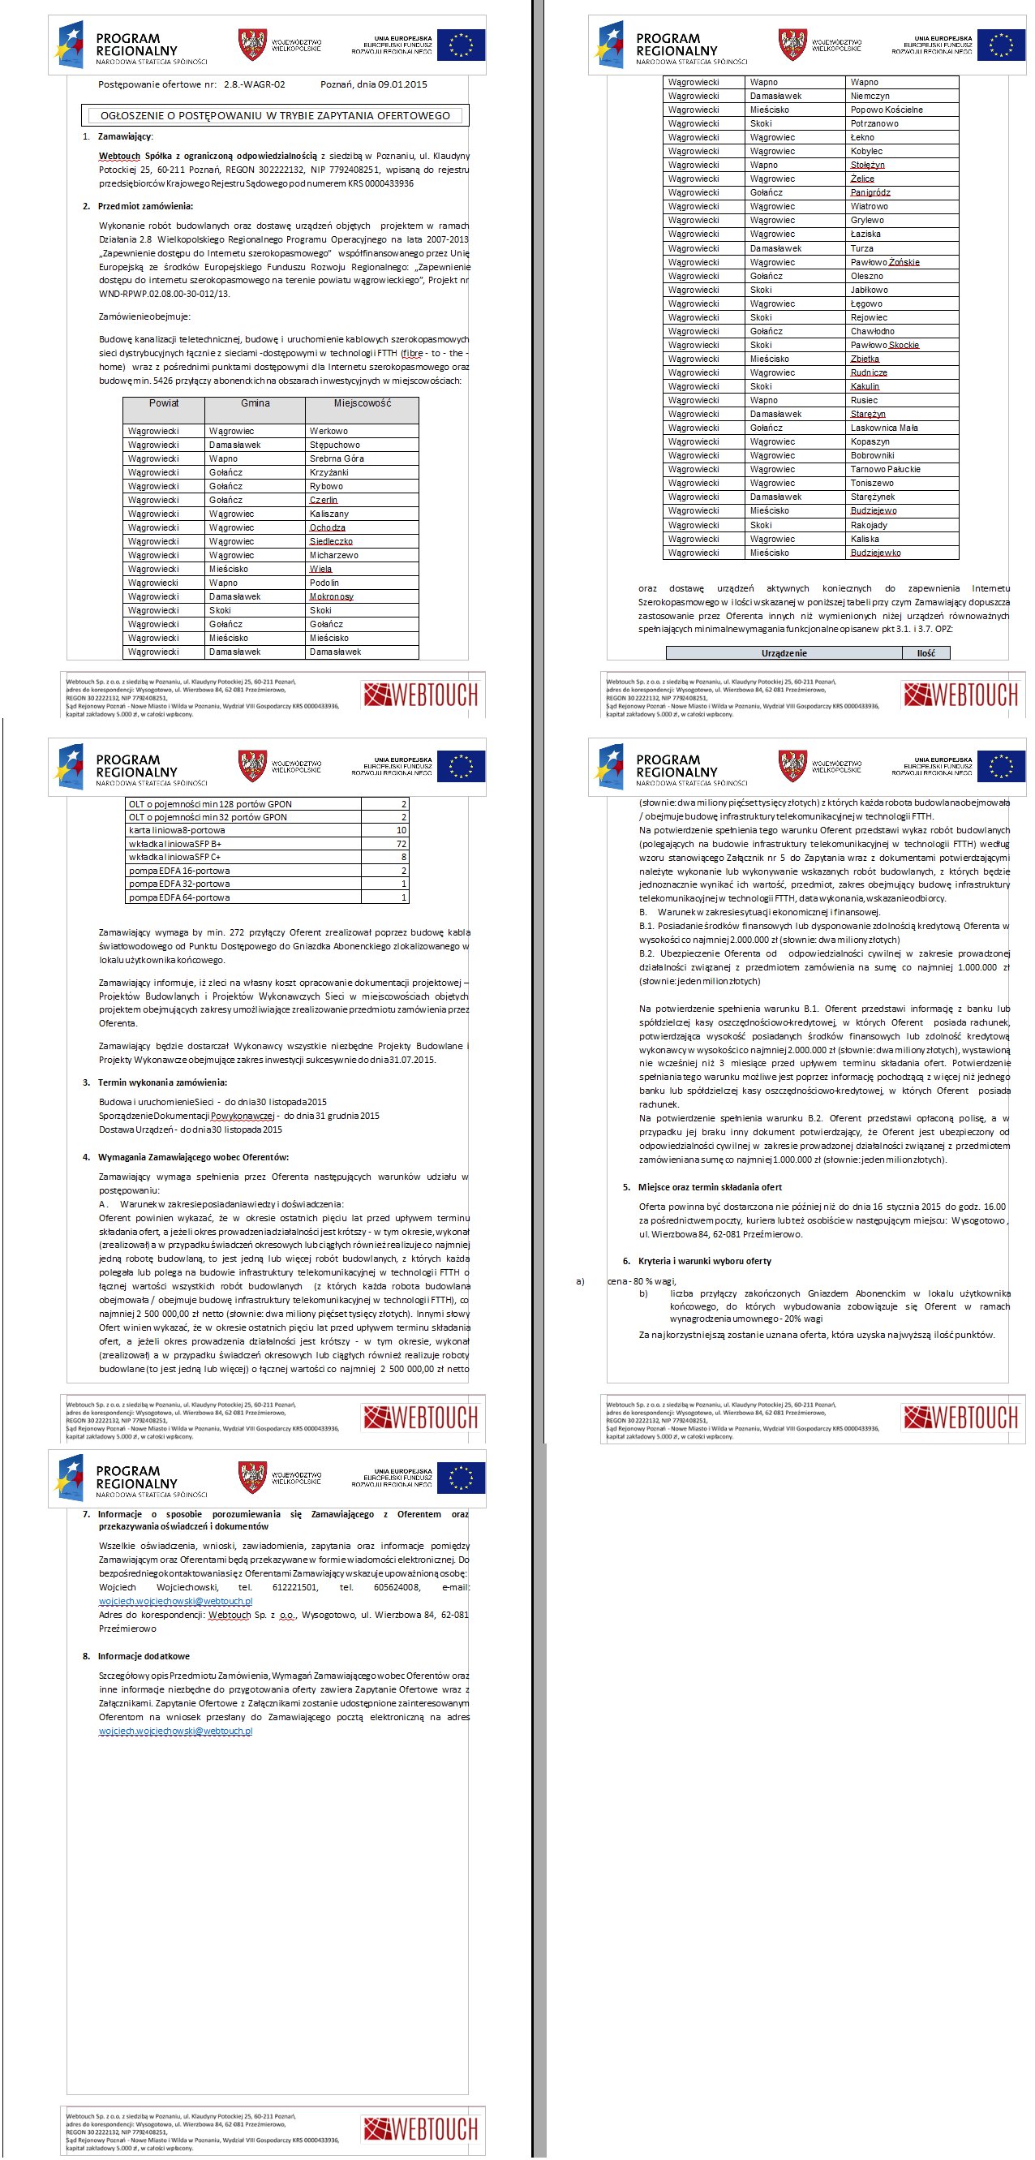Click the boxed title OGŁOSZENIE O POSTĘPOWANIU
tap(275, 116)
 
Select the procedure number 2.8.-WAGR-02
tap(254, 84)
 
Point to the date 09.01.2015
tap(402, 84)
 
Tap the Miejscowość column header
tap(362, 403)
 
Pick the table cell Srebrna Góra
tap(336, 458)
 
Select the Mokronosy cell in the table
tap(331, 597)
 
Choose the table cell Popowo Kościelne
tap(886, 110)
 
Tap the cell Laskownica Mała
tap(883, 428)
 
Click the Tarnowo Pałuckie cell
tap(885, 470)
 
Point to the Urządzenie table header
tap(784, 653)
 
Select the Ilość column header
tap(925, 653)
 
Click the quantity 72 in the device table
tap(402, 844)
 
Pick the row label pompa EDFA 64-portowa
tap(178, 897)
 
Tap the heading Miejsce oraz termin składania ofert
tap(709, 1187)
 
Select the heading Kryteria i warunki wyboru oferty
tap(704, 1261)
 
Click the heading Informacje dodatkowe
tap(144, 1656)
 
